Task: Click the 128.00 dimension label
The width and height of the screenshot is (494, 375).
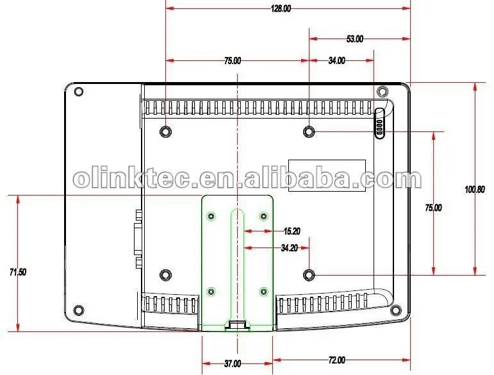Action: pyautogui.click(x=281, y=8)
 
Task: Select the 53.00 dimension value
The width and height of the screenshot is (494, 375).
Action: pyautogui.click(x=355, y=38)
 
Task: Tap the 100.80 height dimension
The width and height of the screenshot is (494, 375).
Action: pyautogui.click(x=475, y=189)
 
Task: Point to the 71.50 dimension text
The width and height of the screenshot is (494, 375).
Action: pyautogui.click(x=18, y=272)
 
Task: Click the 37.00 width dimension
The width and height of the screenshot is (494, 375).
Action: pyautogui.click(x=233, y=363)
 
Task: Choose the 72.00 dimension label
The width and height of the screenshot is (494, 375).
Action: pyautogui.click(x=336, y=360)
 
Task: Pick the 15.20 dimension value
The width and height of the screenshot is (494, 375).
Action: pyautogui.click(x=292, y=231)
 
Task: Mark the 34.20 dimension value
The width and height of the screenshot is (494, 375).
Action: pyautogui.click(x=289, y=248)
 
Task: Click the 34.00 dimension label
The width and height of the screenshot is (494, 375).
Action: pyautogui.click(x=336, y=60)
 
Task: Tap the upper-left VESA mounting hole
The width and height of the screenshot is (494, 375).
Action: pyautogui.click(x=165, y=131)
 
